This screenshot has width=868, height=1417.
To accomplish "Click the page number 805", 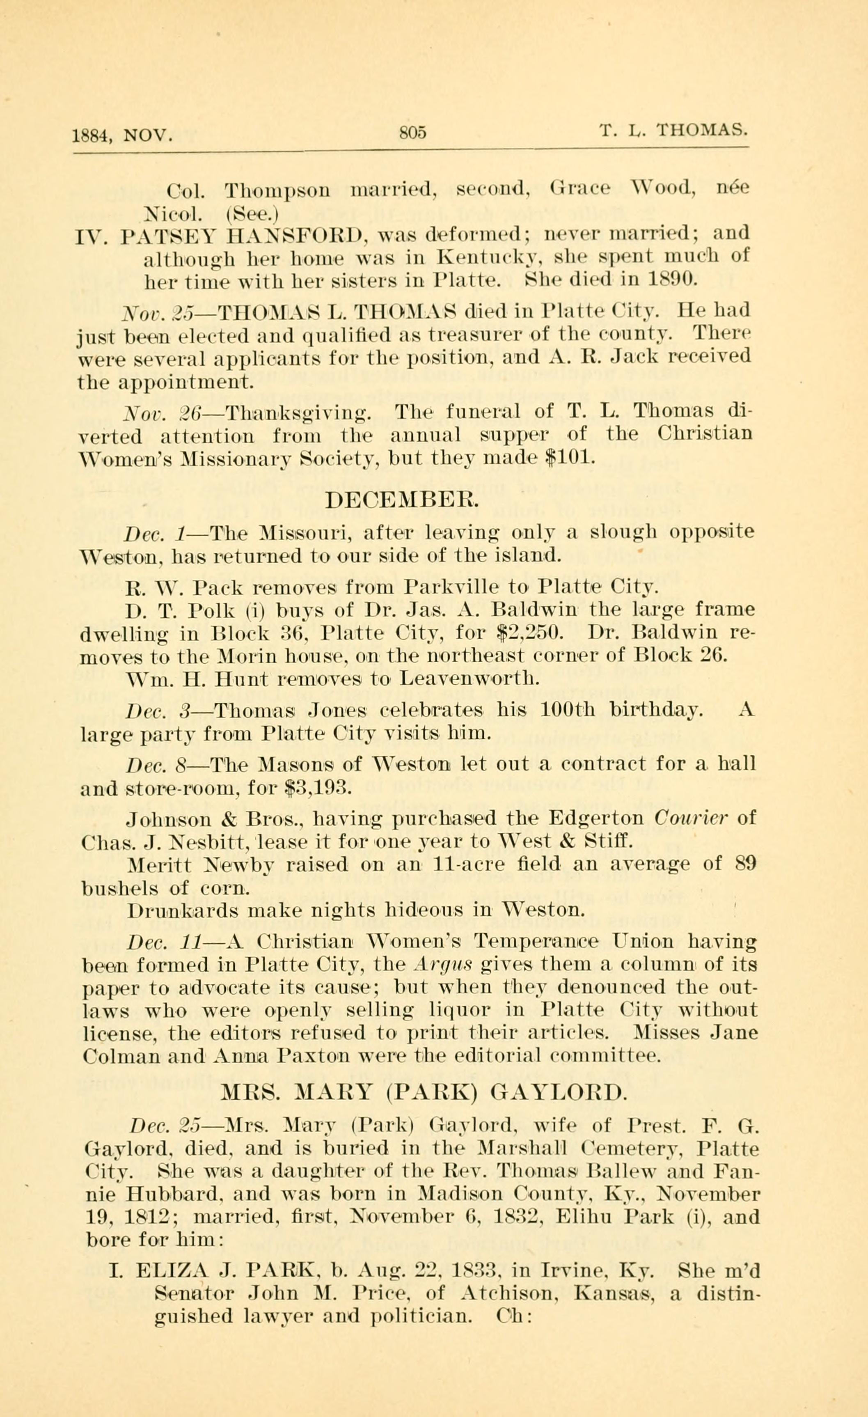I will click(414, 133).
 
